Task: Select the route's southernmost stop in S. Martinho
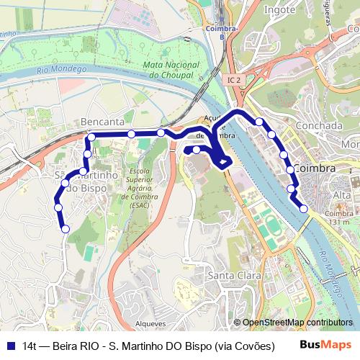66,230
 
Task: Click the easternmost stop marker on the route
304,209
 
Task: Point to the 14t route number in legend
30,346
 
